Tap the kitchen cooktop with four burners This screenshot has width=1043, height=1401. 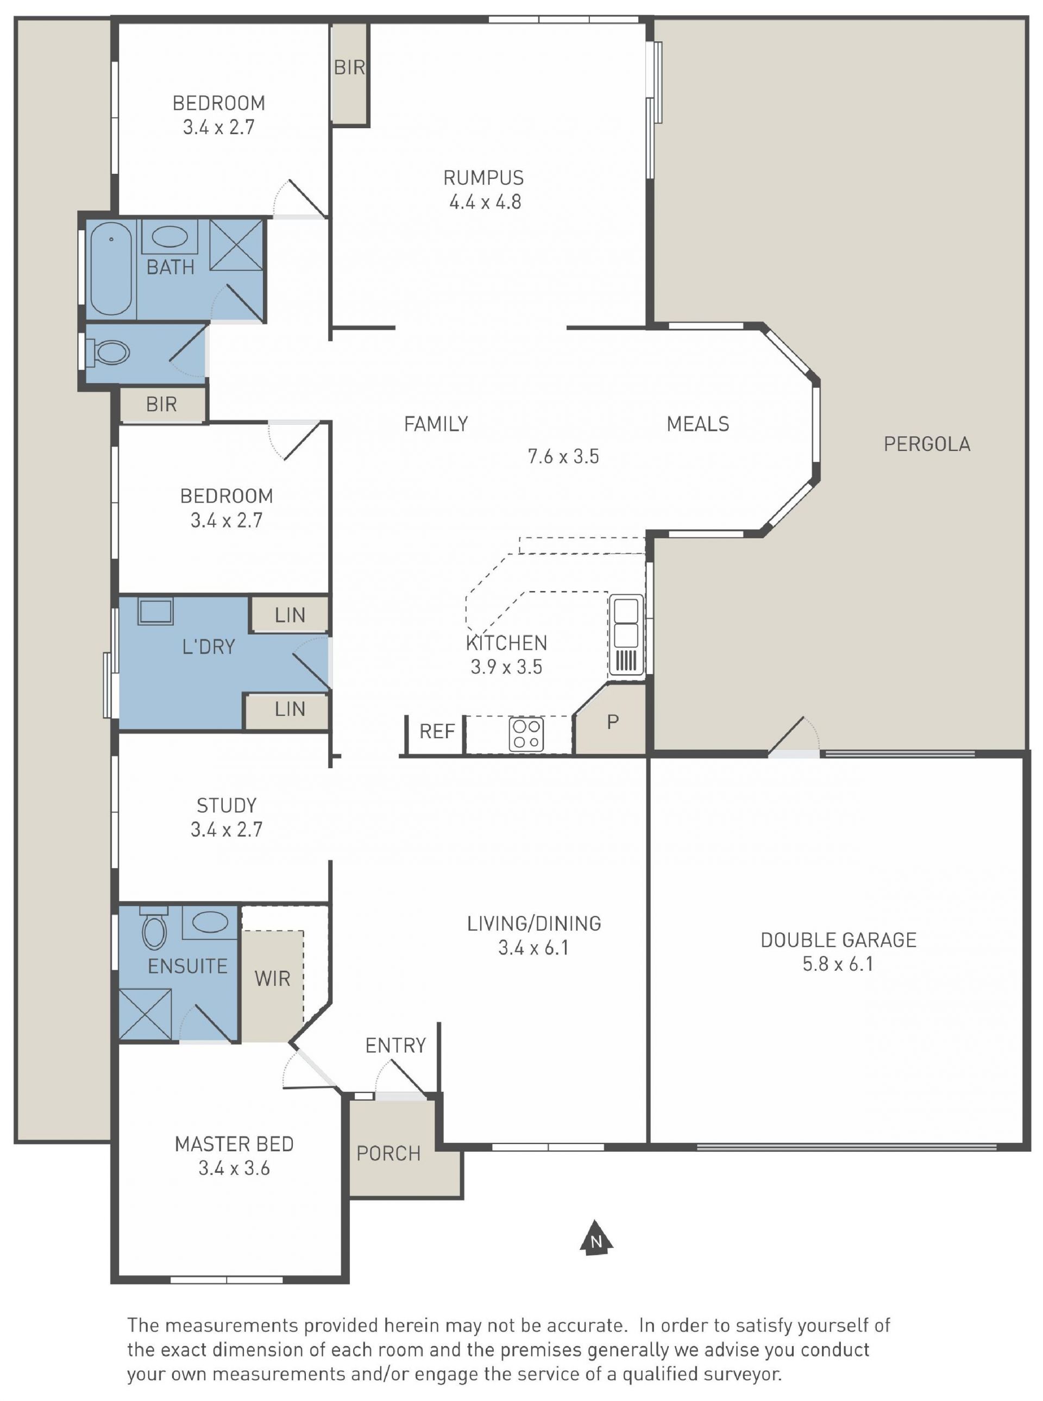pos(526,734)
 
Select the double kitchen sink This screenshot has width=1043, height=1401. pos(626,635)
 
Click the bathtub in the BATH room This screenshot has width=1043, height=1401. pos(111,268)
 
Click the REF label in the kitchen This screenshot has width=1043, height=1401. pos(437,732)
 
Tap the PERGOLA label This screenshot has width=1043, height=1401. pos(927,444)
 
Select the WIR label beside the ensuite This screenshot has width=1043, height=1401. pos(273,978)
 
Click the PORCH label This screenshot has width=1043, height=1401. pos(388,1153)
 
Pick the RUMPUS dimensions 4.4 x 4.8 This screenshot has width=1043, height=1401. pos(485,202)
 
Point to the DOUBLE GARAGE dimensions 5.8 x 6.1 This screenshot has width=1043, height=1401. pos(838,964)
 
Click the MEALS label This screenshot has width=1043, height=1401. pos(698,424)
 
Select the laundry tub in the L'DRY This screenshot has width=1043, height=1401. pos(155,612)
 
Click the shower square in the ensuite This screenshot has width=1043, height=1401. pos(145,1015)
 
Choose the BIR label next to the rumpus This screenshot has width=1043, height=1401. pos(349,67)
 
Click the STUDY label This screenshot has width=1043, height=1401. pos(227,806)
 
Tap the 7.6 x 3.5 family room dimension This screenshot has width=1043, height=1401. pos(563,456)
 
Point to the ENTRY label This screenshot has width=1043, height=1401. pos(396,1046)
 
